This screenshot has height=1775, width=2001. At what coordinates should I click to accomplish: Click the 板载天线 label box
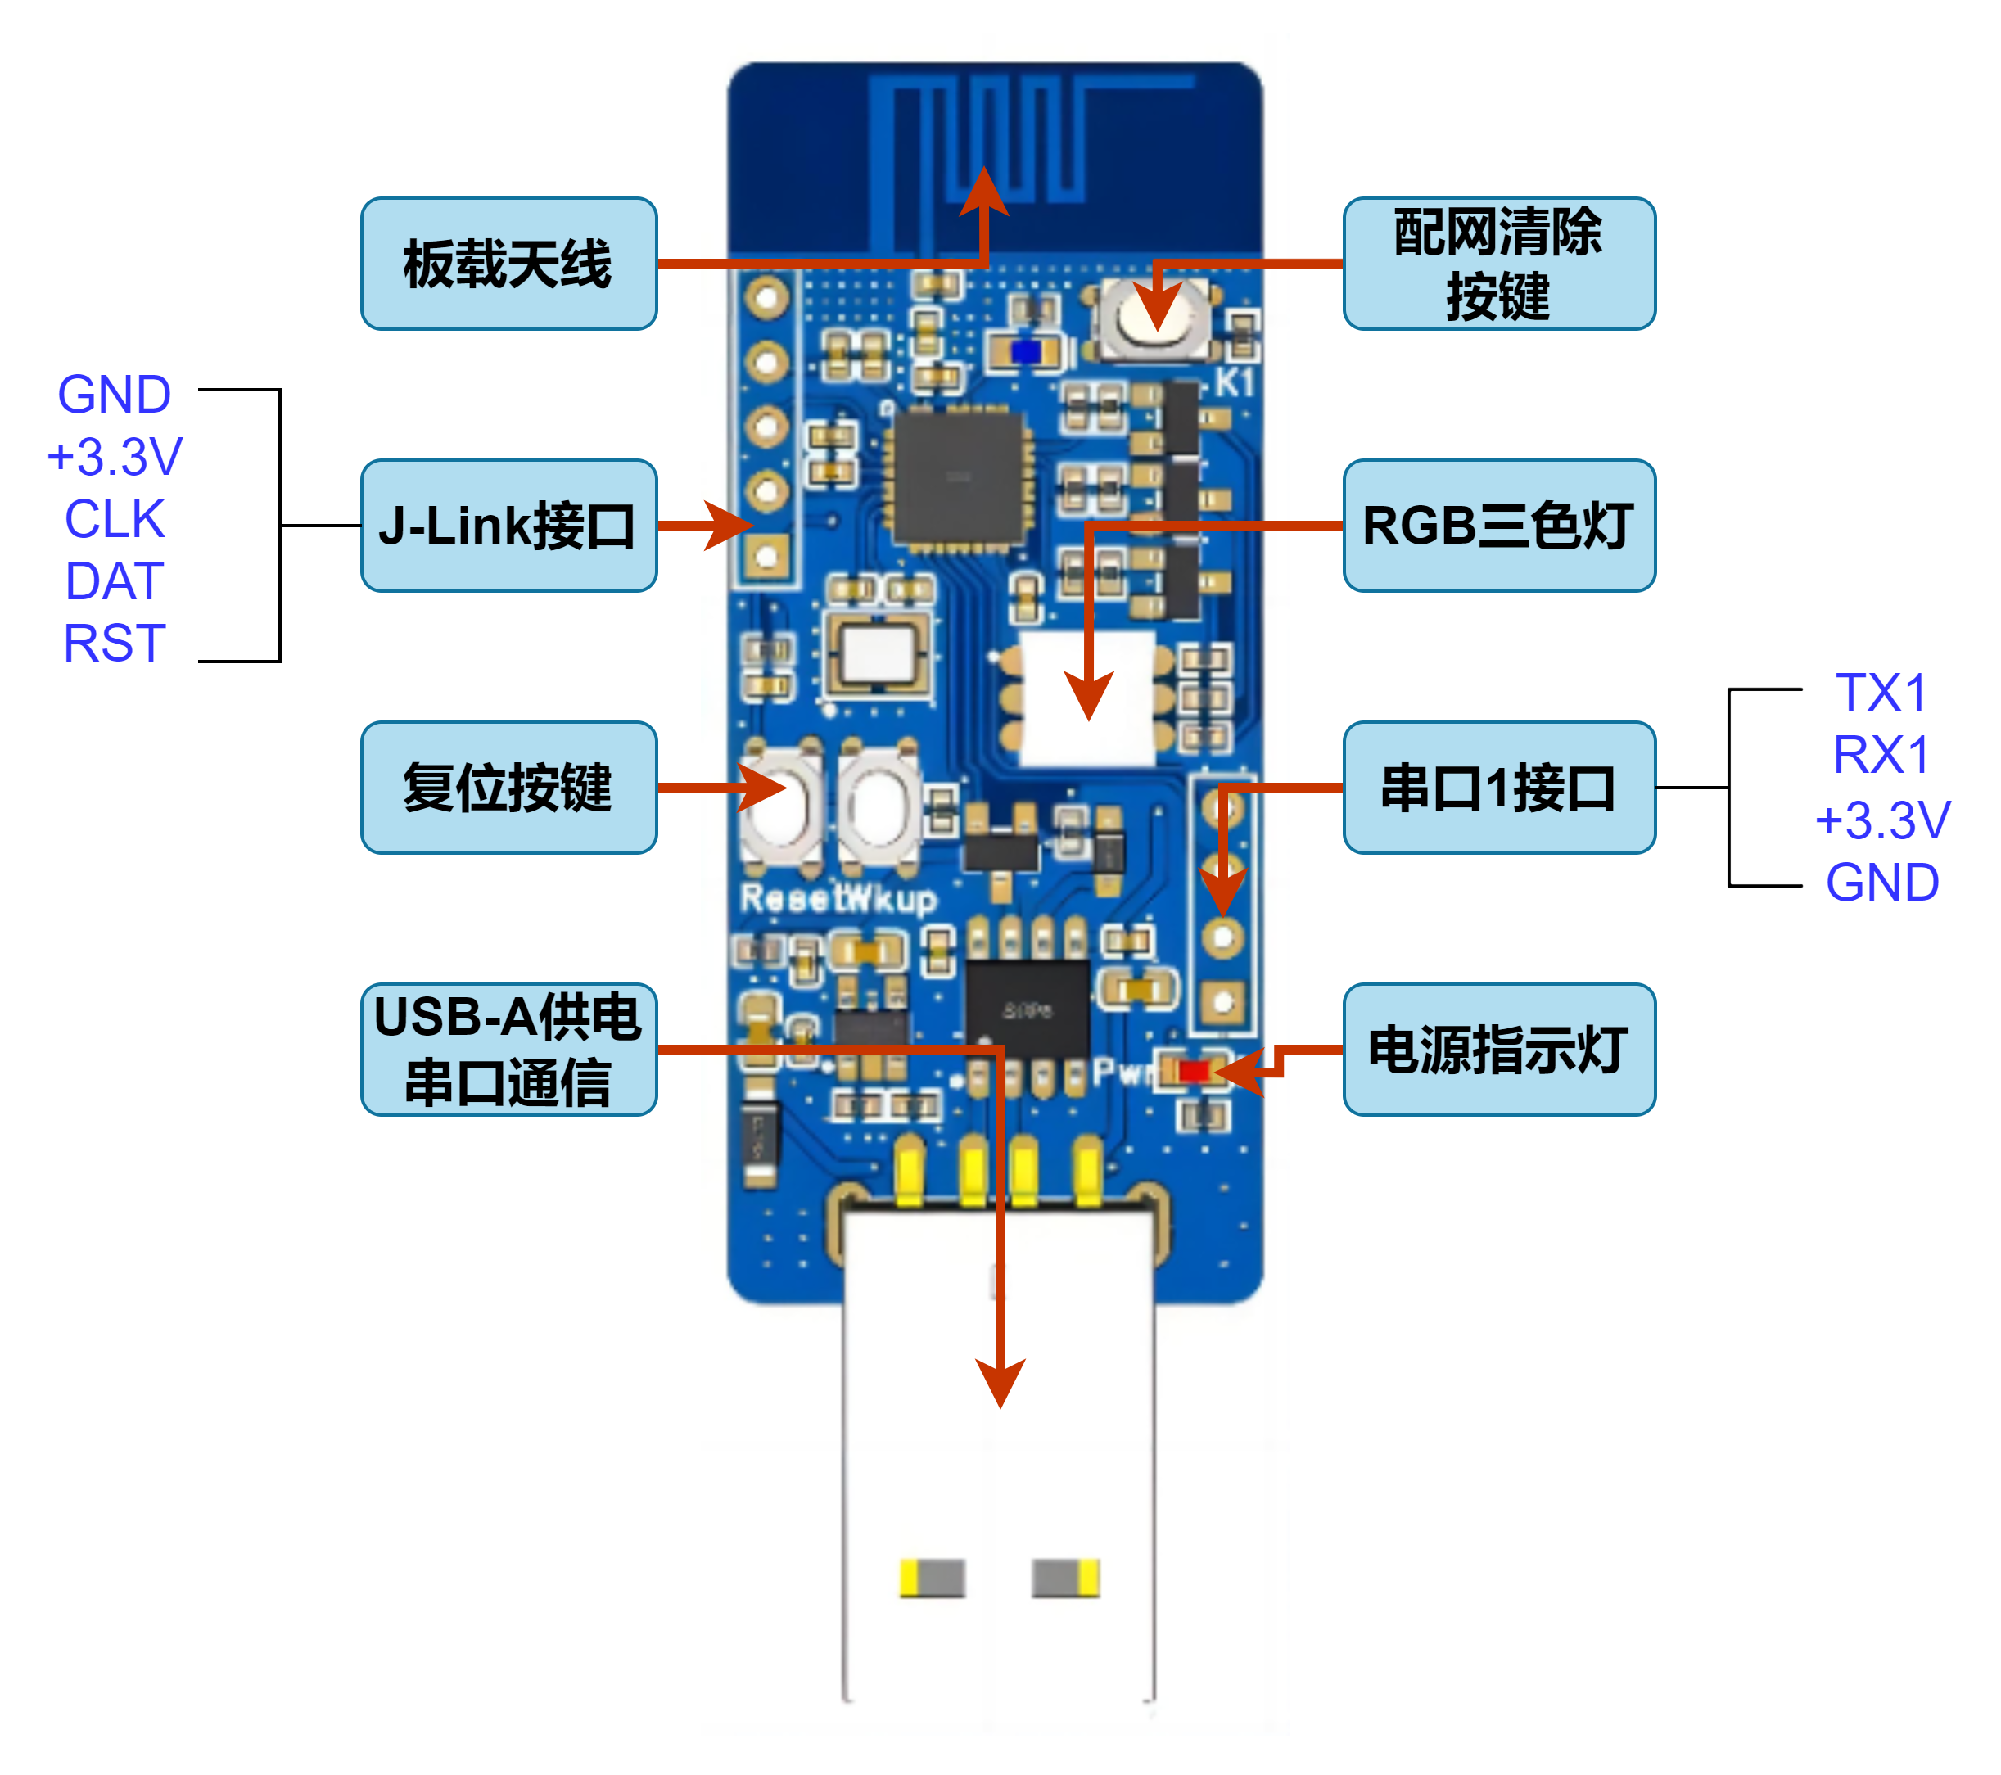point(508,264)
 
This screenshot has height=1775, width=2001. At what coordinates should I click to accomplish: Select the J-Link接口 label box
point(508,526)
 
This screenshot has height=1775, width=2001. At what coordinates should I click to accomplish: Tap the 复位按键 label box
point(508,787)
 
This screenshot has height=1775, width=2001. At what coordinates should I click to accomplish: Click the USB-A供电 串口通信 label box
point(508,1050)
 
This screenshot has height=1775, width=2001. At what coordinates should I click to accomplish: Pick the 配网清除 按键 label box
point(1499,264)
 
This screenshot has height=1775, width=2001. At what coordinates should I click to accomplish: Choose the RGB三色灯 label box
point(1499,526)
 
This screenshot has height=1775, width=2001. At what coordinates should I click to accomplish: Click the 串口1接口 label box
point(1499,787)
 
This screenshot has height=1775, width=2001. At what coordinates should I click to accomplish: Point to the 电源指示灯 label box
point(1499,1050)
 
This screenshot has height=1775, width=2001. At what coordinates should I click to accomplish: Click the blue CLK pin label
point(115,519)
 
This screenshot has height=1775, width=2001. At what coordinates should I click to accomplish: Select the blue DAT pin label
point(115,581)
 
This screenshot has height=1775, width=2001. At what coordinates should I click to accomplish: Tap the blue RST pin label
point(115,644)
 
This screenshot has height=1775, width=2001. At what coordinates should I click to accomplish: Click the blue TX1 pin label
point(1881,693)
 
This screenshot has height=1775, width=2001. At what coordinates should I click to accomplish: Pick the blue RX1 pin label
point(1881,755)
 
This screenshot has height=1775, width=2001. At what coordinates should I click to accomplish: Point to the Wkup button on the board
point(879,805)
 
